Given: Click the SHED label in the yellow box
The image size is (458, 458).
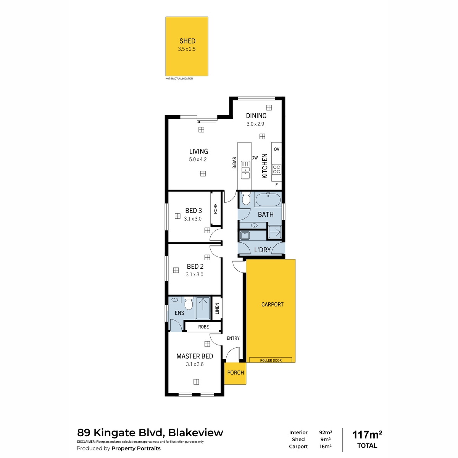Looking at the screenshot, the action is [x=187, y=41].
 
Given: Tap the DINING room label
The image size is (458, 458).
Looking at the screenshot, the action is [x=256, y=116].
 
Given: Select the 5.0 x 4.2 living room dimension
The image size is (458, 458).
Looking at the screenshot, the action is [x=198, y=160].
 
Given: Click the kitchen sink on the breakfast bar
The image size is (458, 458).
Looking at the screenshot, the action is [x=245, y=170].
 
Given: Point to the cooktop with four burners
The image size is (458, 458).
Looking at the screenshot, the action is [x=276, y=169].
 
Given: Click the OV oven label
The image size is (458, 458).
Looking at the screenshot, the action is [x=276, y=149].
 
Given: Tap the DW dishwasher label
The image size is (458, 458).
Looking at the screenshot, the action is [x=255, y=158].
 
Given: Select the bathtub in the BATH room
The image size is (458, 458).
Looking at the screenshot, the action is [x=268, y=199].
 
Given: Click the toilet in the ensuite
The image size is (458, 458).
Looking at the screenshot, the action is [x=188, y=303].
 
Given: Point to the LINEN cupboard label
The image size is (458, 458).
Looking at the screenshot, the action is [x=217, y=308].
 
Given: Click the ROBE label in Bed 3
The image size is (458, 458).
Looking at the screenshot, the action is [x=215, y=209].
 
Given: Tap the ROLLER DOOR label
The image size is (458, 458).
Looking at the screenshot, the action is [x=271, y=361].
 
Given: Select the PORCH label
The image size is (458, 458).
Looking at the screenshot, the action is [x=235, y=373].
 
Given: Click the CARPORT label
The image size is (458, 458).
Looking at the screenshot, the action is [x=273, y=305].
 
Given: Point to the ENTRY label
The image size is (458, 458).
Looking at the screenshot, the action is [x=233, y=338].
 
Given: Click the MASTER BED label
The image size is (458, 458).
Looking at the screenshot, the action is [x=195, y=356].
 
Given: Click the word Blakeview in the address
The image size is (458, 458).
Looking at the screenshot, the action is [x=196, y=432].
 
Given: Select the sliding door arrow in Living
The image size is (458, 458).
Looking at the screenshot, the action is [x=206, y=122].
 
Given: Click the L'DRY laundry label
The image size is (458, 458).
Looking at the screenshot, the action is [x=262, y=250].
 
